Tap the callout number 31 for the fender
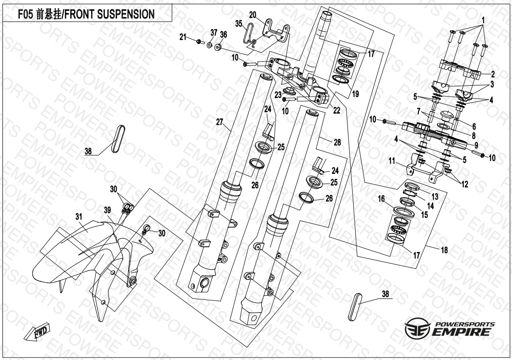tap(79, 216)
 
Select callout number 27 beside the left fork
tap(219, 122)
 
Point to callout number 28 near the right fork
tap(337, 142)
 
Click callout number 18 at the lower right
tap(444, 250)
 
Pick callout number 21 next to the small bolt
tap(183, 37)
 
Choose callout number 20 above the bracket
tap(252, 15)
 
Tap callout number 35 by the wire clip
tap(238, 23)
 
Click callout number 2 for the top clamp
tap(493, 74)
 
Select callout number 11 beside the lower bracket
tap(392, 162)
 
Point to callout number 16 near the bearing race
tap(381, 200)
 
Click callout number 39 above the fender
tap(108, 209)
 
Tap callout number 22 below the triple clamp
tap(337, 110)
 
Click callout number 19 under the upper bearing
tap(355, 94)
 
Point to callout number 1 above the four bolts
tap(483, 20)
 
